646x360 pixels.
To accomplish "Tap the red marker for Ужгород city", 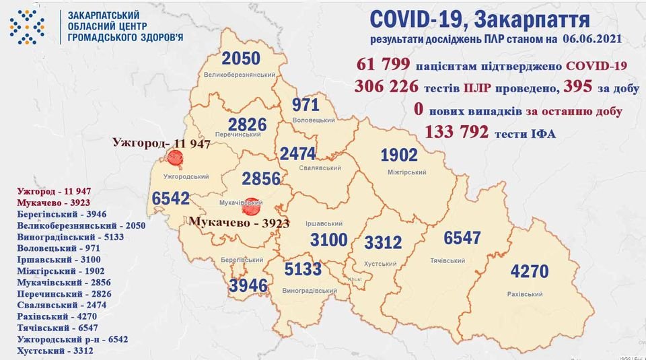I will [x=175, y=158].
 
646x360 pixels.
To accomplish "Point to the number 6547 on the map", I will [x=464, y=238].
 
